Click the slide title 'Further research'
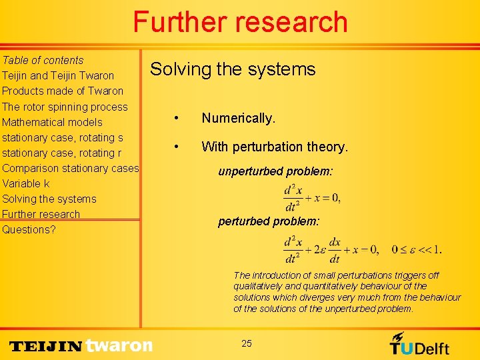tap(240, 22)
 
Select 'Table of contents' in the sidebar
tap(43, 60)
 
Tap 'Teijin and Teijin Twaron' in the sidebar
tap(58, 75)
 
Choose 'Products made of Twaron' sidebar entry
tap(63, 91)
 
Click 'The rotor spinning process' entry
tap(65, 107)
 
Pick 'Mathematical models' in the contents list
tap(52, 122)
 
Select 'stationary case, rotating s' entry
tap(63, 137)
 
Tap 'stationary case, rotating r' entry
tap(61, 153)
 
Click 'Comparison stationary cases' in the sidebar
tap(70, 168)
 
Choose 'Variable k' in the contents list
tap(26, 183)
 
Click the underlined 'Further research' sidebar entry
tap(41, 214)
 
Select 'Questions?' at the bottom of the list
tap(29, 229)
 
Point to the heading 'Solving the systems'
tap(233, 69)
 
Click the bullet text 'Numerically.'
tap(238, 119)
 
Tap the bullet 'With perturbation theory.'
tap(275, 147)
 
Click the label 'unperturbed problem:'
tap(275, 171)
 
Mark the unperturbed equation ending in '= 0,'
tap(312, 198)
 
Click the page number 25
tap(247, 343)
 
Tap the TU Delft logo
tap(419, 344)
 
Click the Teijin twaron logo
tap(81, 345)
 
